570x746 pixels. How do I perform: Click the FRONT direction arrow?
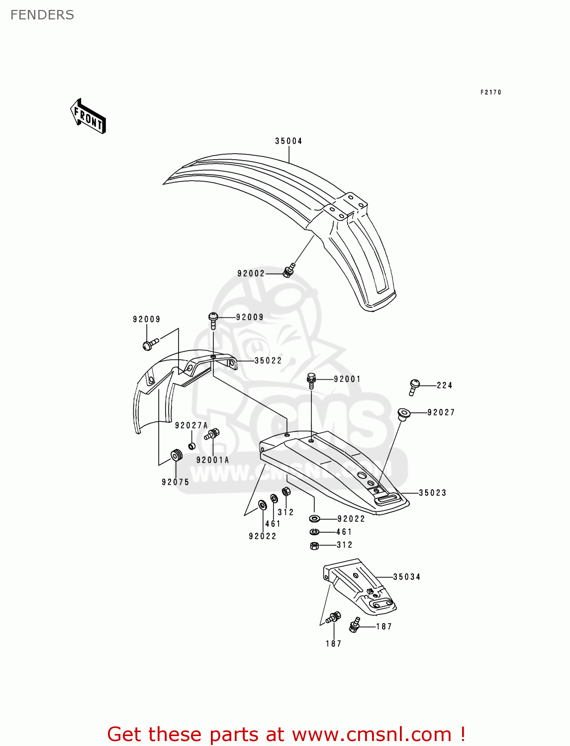pyautogui.click(x=88, y=116)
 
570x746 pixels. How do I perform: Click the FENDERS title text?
pyautogui.click(x=42, y=15)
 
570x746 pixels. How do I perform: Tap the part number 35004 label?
pyautogui.click(x=288, y=141)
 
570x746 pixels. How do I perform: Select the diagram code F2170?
pyautogui.click(x=490, y=93)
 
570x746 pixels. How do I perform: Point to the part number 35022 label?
pyautogui.click(x=268, y=361)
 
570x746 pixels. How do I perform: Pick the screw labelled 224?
pyautogui.click(x=413, y=386)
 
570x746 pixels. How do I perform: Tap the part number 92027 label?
pyautogui.click(x=441, y=412)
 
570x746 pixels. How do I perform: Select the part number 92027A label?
pyautogui.click(x=191, y=426)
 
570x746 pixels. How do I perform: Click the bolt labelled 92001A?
pyautogui.click(x=211, y=435)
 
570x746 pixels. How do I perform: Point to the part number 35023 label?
pyautogui.click(x=432, y=493)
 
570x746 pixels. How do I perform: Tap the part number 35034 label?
pyautogui.click(x=406, y=577)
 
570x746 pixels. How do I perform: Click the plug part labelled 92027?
pyautogui.click(x=403, y=414)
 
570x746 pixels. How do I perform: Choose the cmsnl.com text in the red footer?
pyautogui.click(x=371, y=735)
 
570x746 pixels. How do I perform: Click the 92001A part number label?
pyautogui.click(x=212, y=460)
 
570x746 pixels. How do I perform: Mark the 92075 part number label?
pyautogui.click(x=175, y=482)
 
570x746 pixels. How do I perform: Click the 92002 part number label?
pyautogui.click(x=251, y=274)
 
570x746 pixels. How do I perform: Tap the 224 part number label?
pyautogui.click(x=444, y=385)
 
